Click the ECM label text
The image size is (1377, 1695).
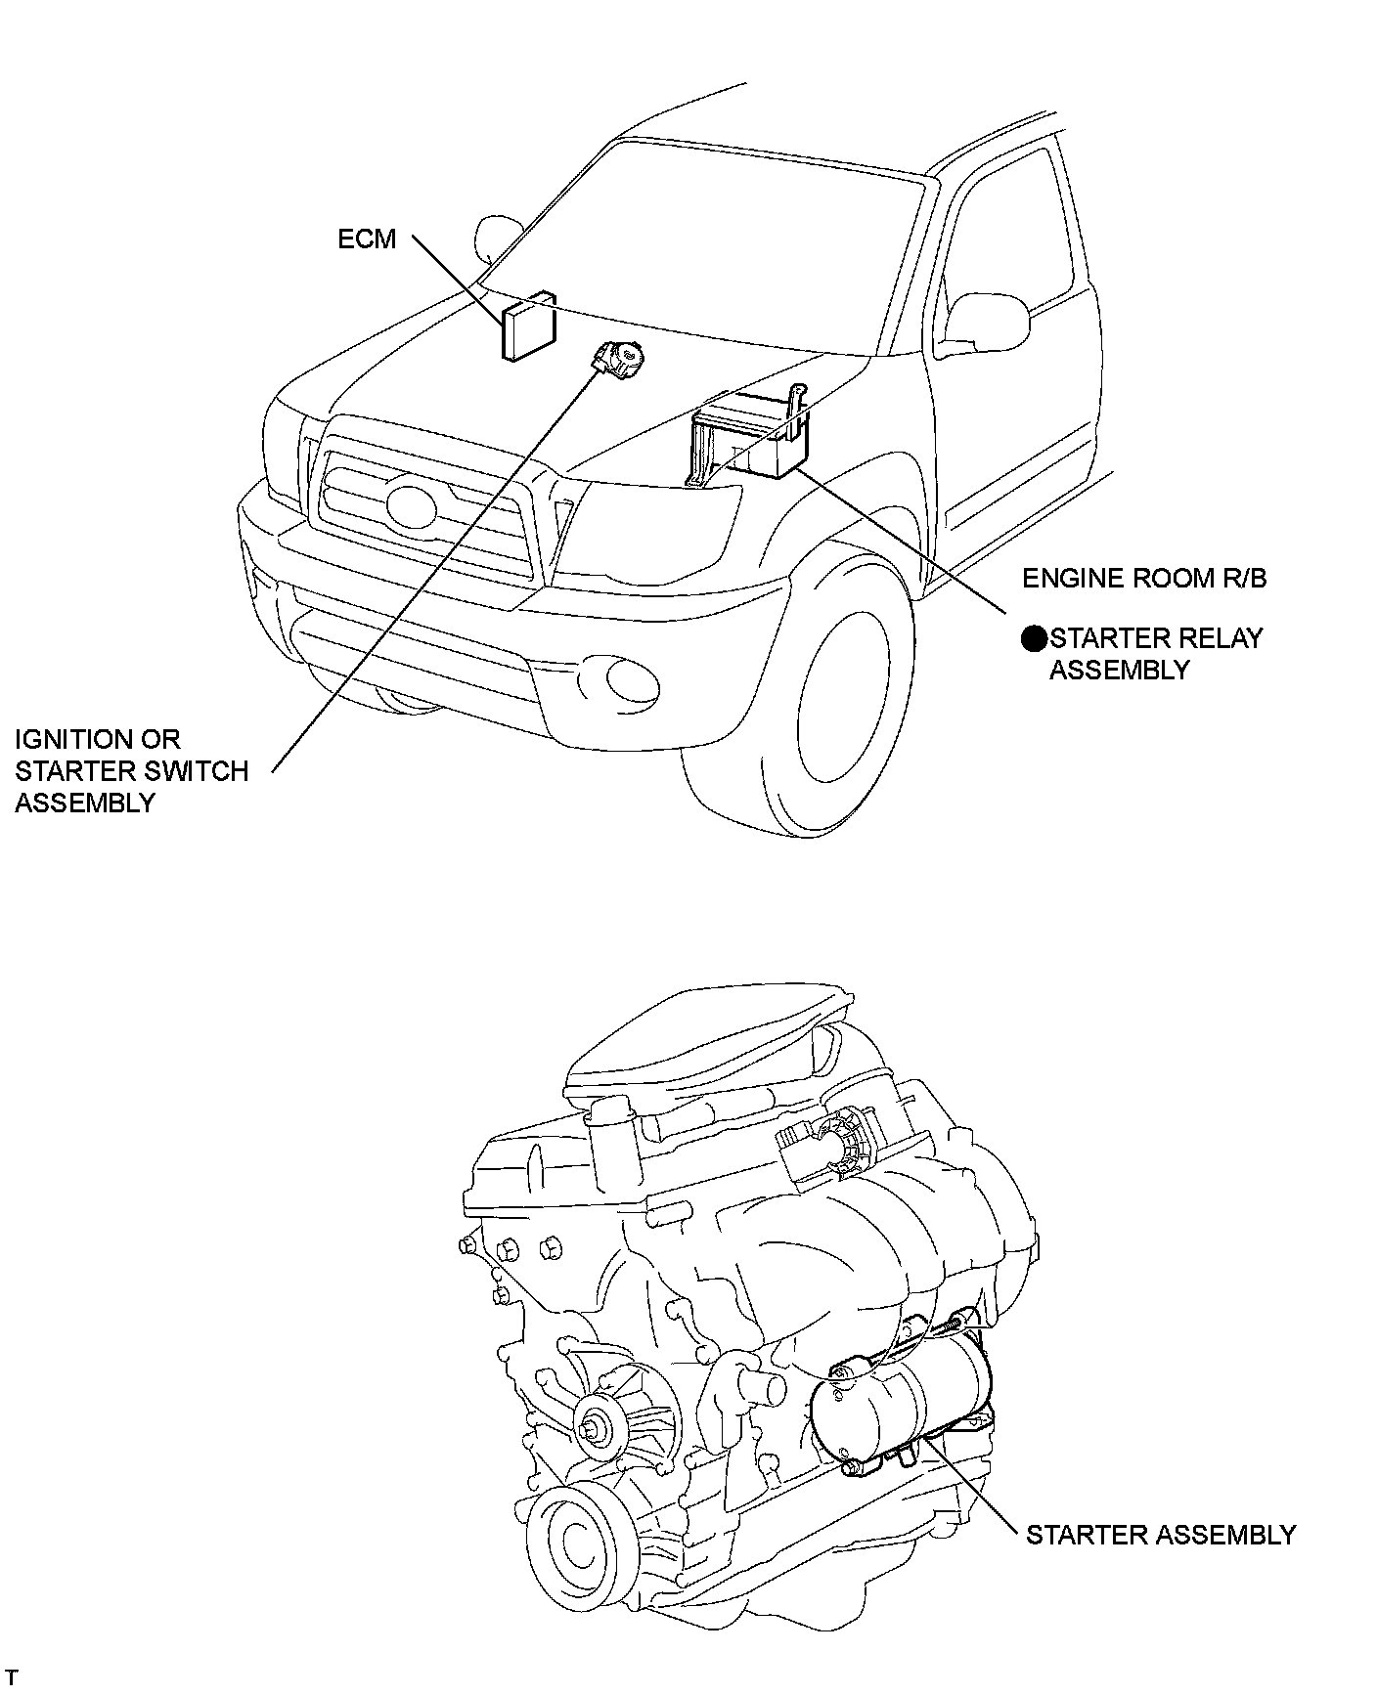tap(367, 239)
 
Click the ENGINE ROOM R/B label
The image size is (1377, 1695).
tap(1144, 578)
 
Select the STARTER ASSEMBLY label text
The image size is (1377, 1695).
tap(1160, 1535)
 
